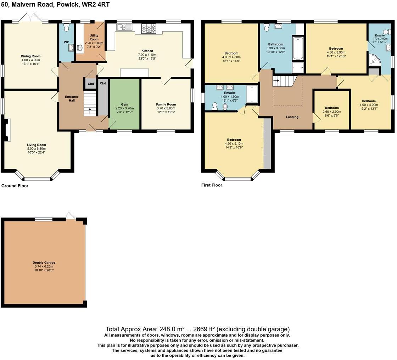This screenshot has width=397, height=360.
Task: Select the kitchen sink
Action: point(124,27)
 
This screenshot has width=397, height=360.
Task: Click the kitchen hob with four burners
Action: point(149,29)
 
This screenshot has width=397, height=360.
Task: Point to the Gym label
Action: point(124,95)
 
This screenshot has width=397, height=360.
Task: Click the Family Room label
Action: point(166,95)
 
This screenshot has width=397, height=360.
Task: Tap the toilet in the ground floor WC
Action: point(66,26)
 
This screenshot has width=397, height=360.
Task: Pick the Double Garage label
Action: point(44,263)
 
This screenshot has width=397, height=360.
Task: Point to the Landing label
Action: point(292,117)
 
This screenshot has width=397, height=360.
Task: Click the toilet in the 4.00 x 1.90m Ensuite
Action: point(215,96)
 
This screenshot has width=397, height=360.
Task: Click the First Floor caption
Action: point(212,185)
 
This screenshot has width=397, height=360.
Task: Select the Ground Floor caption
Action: point(15,186)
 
